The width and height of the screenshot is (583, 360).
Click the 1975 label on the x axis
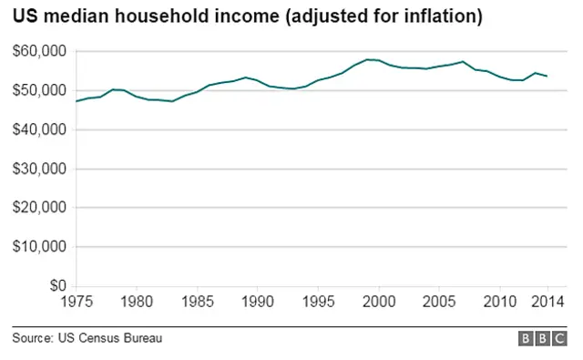76,302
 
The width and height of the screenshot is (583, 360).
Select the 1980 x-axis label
137,302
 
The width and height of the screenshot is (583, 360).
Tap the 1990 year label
258,302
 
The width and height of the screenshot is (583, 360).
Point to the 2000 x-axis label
379,302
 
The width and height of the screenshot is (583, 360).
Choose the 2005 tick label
439,302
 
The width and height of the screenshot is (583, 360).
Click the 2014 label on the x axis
547,302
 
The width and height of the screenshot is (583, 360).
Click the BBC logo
544,339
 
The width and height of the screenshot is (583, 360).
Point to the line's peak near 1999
367,59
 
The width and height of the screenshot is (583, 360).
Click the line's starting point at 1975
76,101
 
